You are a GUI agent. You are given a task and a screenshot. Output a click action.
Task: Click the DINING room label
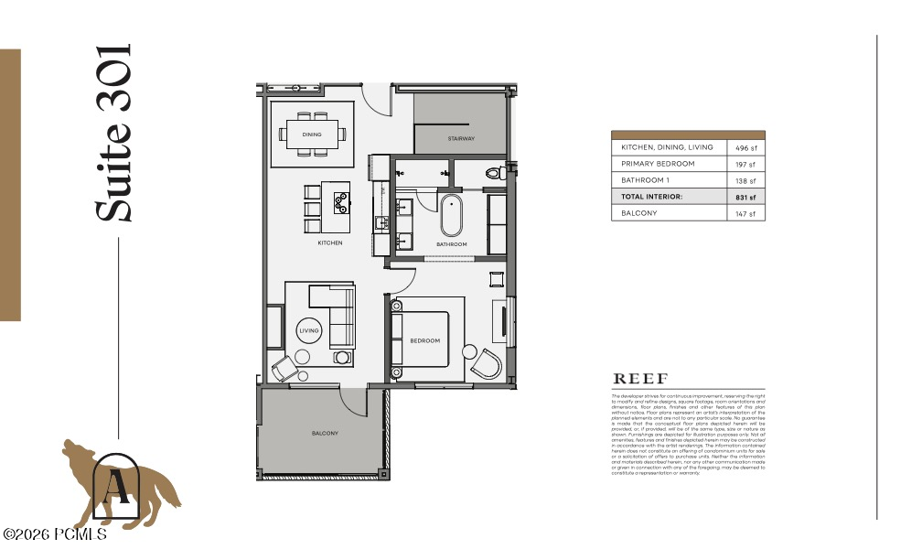pyautogui.click(x=312, y=135)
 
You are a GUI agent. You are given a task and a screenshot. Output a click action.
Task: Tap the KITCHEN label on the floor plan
pyautogui.click(x=330, y=242)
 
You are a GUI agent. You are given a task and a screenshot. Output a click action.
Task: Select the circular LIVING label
pyautogui.click(x=310, y=331)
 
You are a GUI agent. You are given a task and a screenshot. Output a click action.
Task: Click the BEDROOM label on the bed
pyautogui.click(x=424, y=340)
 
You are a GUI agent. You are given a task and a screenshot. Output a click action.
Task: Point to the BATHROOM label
pyautogui.click(x=451, y=244)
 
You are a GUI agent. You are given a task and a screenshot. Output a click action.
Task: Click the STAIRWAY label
pyautogui.click(x=461, y=139)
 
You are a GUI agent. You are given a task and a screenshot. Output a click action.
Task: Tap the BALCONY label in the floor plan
pyautogui.click(x=325, y=433)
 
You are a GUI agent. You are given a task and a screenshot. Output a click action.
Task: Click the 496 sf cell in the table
pyautogui.click(x=745, y=147)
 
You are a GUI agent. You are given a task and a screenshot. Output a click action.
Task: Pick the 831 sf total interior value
pyautogui.click(x=745, y=197)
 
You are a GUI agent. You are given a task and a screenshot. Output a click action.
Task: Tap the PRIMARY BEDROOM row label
pyautogui.click(x=658, y=164)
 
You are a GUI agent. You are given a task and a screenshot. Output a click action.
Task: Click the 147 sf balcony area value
pyautogui.click(x=745, y=214)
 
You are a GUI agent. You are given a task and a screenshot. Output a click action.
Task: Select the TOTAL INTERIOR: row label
pyautogui.click(x=652, y=197)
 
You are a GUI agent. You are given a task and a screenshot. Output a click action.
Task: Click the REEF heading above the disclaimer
pyautogui.click(x=639, y=379)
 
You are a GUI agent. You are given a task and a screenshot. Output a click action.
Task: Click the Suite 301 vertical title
pyautogui.click(x=115, y=133)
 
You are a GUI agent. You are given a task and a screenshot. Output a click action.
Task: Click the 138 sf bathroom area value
pyautogui.click(x=745, y=181)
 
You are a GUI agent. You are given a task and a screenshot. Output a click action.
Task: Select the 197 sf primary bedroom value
pyautogui.click(x=745, y=165)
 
